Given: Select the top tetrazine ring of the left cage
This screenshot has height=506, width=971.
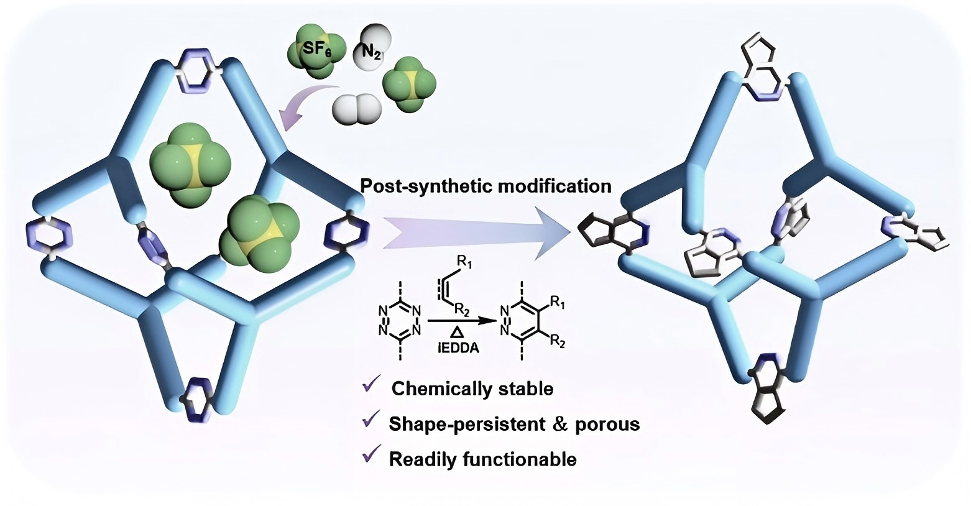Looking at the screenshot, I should click(x=200, y=65).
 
